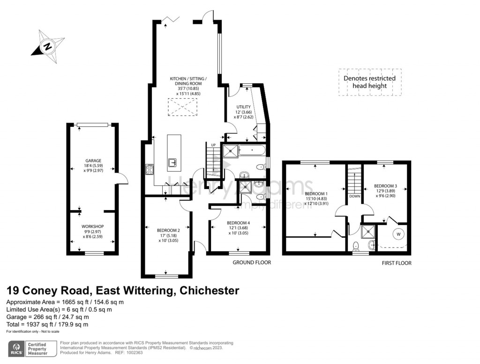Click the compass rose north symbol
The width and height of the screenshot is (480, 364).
(x=47, y=46)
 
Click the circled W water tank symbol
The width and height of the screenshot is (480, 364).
(x=399, y=233)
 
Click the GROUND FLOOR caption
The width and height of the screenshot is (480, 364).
(x=252, y=263)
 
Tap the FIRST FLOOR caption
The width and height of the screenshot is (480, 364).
(x=396, y=263)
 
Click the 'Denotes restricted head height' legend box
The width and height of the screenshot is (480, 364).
(x=370, y=82)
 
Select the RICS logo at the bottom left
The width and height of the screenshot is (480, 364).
(x=18, y=349)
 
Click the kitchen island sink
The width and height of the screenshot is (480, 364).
(x=172, y=162)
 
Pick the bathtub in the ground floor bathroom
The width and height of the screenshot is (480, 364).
(x=252, y=151)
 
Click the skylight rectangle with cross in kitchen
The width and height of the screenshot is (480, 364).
(x=183, y=107)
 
